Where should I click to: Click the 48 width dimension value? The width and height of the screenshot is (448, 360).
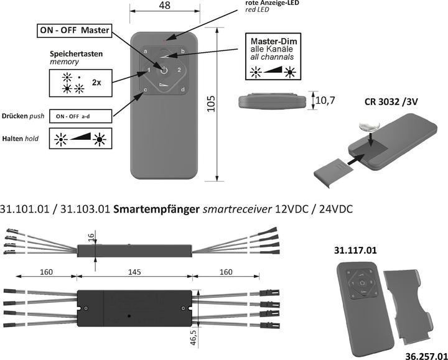pos(164,6)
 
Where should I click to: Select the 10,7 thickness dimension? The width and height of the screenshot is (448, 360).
pos(329,101)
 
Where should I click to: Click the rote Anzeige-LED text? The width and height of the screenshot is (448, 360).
pos(271,3)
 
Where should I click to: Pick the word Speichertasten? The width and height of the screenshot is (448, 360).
pos(77,53)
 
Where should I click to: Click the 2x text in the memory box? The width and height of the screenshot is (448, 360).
pos(96,82)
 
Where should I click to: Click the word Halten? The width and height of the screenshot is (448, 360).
pos(12,138)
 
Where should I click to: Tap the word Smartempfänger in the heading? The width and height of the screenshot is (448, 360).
pos(157,209)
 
